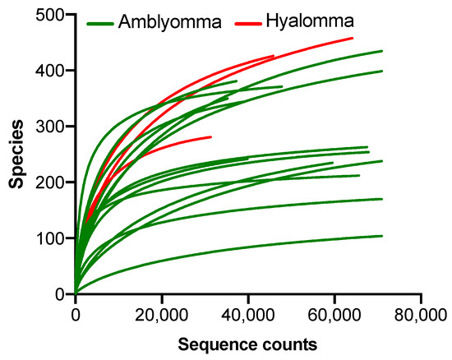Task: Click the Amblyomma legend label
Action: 168,22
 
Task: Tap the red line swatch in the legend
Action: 247,23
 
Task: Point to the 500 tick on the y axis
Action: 55,15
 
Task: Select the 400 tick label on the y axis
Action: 55,71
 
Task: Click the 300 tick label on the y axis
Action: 55,127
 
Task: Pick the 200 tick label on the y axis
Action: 55,182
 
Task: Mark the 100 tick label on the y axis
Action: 55,238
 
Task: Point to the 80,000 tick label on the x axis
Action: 420,313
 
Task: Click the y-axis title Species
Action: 16,155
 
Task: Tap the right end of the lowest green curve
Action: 381,236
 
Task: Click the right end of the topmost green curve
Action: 381,51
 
